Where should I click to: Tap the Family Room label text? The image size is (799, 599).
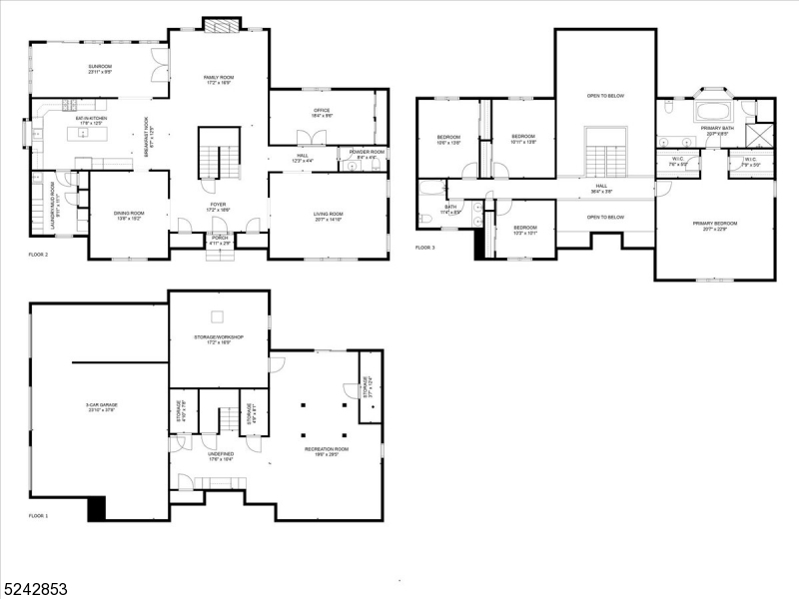[x=218, y=80]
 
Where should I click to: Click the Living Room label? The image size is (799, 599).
[x=329, y=216]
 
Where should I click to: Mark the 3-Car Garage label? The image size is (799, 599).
[x=100, y=406]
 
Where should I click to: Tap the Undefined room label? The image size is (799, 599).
[x=221, y=455]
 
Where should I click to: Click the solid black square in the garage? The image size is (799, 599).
[x=97, y=509]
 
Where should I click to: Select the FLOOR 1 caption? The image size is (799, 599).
[x=39, y=516]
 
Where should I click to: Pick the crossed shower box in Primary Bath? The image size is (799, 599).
[x=761, y=135]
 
